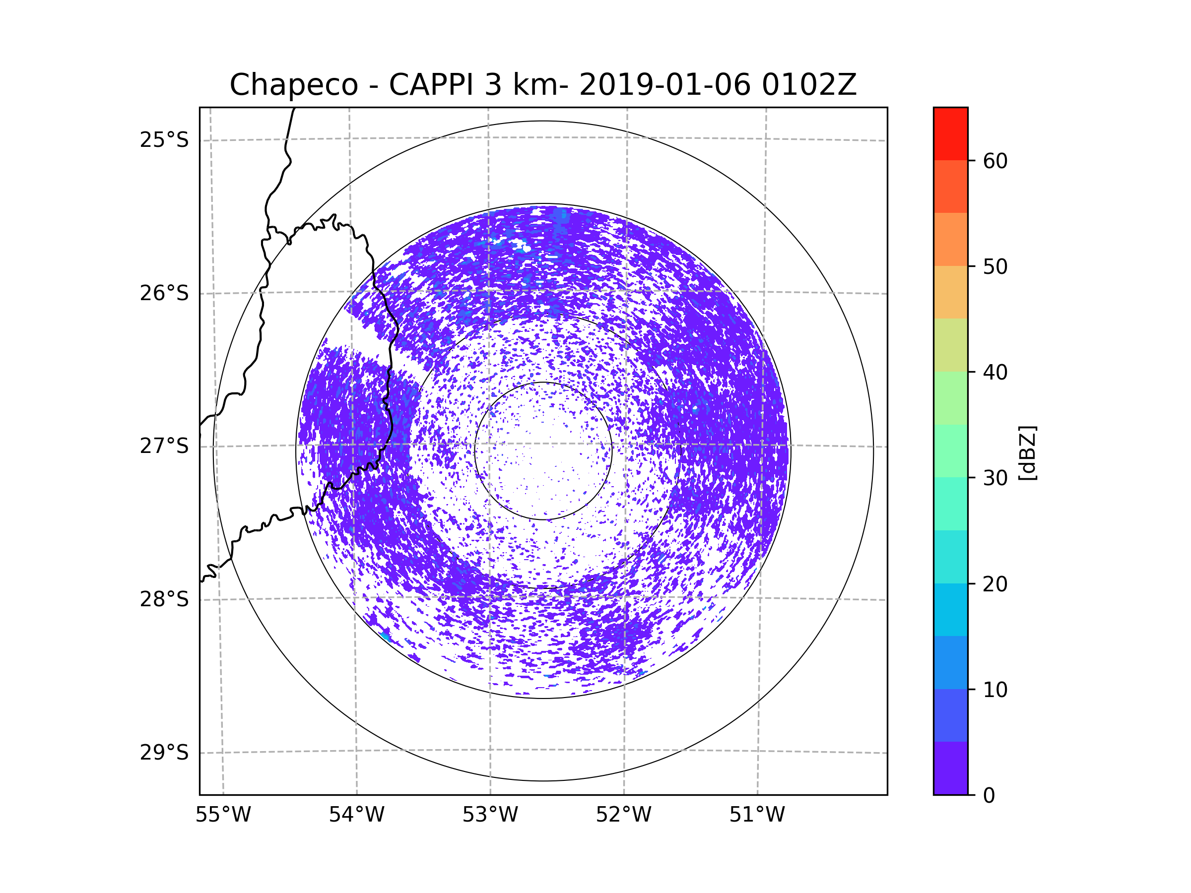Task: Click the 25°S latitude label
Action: (164, 140)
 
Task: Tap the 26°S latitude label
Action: (164, 293)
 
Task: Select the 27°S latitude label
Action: (164, 446)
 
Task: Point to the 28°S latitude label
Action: (164, 599)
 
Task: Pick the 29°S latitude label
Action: (164, 753)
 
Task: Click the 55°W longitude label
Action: (223, 815)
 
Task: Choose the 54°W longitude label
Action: (356, 815)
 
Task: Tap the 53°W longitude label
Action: (490, 815)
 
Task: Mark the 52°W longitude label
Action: (623, 815)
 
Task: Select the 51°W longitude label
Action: (757, 815)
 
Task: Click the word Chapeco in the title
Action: (293, 85)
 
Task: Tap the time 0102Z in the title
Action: (809, 85)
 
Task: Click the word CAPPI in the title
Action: (431, 85)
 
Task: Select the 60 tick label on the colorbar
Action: (995, 161)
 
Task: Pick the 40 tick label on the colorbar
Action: (995, 373)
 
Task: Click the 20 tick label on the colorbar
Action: (995, 584)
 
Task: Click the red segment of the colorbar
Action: (950, 133)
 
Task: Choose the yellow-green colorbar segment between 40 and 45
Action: (950, 345)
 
